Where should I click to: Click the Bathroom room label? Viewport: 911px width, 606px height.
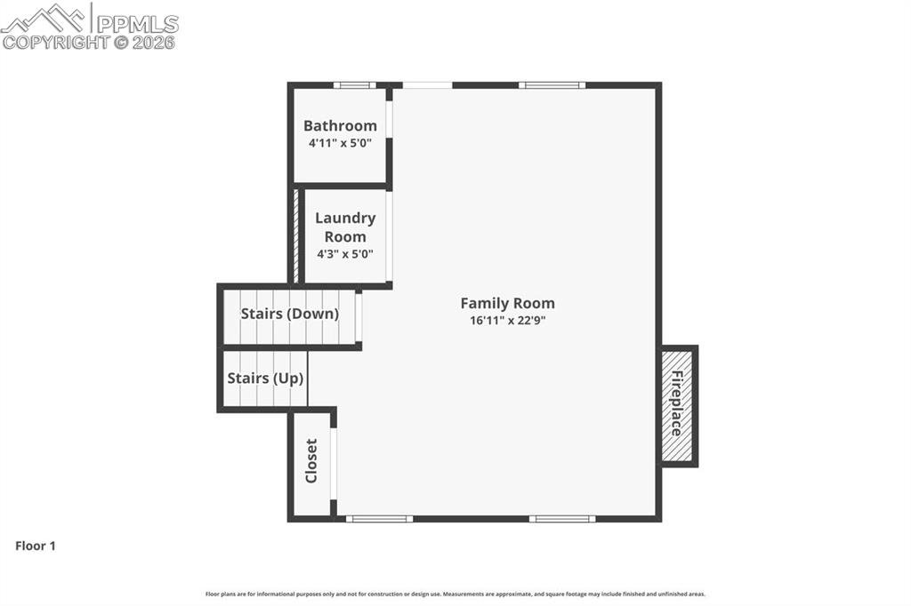click(340, 125)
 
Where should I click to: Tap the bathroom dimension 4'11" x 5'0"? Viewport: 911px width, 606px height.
click(340, 142)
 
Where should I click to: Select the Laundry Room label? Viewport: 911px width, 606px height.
click(345, 227)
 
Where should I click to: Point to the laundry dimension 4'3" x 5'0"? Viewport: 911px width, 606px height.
click(345, 253)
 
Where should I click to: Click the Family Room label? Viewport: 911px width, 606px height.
click(507, 303)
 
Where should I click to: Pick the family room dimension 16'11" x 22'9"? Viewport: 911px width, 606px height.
click(507, 320)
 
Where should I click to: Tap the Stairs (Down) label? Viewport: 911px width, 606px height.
click(289, 314)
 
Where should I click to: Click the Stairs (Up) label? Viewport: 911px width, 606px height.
click(265, 378)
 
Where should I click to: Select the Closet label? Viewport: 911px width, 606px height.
click(311, 461)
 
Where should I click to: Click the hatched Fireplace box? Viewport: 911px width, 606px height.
click(677, 404)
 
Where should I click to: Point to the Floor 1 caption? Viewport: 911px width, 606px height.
click(36, 546)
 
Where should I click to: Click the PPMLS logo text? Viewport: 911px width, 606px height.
click(136, 23)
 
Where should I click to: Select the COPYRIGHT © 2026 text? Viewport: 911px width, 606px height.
click(89, 42)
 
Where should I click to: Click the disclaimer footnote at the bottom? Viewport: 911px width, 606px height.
click(455, 594)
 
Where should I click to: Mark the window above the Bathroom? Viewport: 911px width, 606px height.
click(354, 85)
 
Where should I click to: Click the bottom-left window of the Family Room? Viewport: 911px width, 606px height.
click(379, 518)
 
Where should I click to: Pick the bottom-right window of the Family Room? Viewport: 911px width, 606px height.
click(562, 518)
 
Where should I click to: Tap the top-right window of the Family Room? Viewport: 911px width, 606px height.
click(552, 85)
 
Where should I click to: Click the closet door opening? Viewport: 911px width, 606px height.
click(334, 464)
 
